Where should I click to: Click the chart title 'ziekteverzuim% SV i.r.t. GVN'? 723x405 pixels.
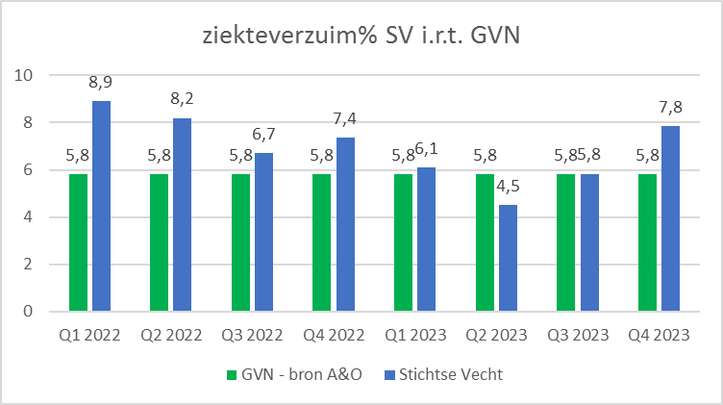pos(361,38)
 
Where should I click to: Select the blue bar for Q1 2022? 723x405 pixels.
pos(102,206)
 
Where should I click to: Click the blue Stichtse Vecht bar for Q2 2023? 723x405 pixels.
pos(508,258)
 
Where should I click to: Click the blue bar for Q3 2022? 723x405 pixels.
pos(264,232)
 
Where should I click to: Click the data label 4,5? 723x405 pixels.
pos(509,190)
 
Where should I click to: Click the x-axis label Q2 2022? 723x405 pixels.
pos(171,336)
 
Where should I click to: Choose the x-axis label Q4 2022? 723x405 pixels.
pos(334,336)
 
